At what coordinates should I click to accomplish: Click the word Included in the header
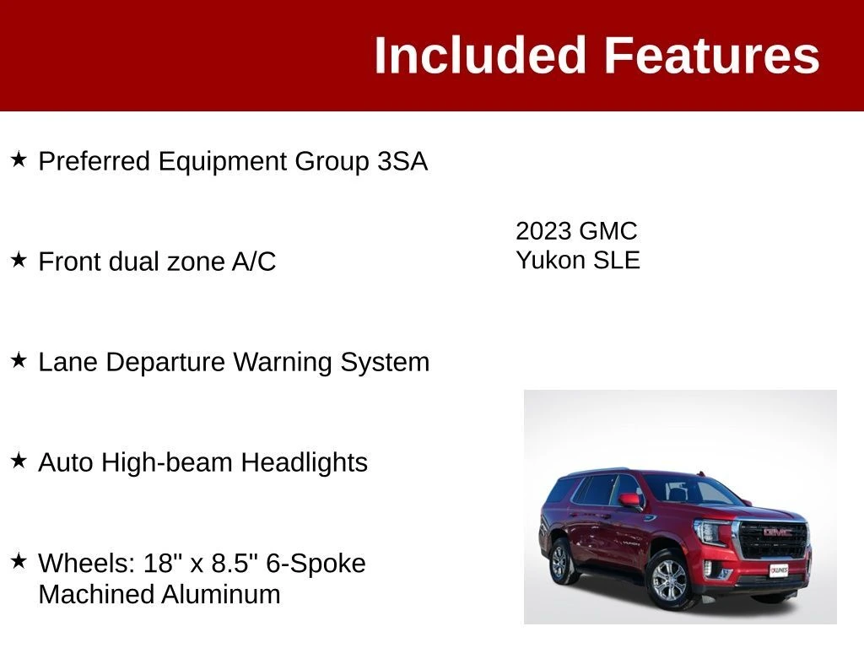[x=479, y=55]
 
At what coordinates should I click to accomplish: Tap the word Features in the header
[x=712, y=55]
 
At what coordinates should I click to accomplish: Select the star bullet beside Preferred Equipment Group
[x=19, y=159]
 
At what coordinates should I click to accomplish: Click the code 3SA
[x=402, y=161]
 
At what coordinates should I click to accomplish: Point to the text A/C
[x=253, y=262]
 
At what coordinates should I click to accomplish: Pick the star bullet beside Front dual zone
[x=19, y=260]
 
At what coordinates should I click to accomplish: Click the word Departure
[x=165, y=363]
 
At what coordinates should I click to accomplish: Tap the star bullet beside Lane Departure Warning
[x=19, y=360]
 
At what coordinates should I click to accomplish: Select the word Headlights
[x=304, y=462]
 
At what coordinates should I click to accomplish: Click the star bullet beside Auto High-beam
[x=19, y=461]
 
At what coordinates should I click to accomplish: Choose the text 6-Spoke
[x=316, y=563]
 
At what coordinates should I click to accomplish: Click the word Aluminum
[x=221, y=595]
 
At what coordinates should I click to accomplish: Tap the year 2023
[x=543, y=231]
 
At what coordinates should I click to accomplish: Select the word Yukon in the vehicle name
[x=551, y=261]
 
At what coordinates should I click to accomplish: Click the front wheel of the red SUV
[x=669, y=580]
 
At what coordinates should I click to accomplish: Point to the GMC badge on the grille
[x=777, y=532]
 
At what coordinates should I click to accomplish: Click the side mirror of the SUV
[x=630, y=500]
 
